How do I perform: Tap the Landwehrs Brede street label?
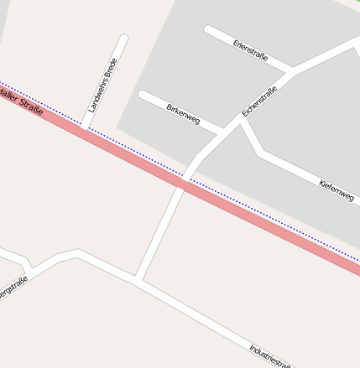[102, 86]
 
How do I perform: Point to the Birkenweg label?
[183, 114]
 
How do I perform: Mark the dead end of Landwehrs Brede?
[124, 39]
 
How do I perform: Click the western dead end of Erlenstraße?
[209, 30]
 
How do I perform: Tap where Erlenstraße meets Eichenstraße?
[290, 70]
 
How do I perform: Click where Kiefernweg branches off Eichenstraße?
[241, 120]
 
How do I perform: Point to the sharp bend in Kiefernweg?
[261, 154]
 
